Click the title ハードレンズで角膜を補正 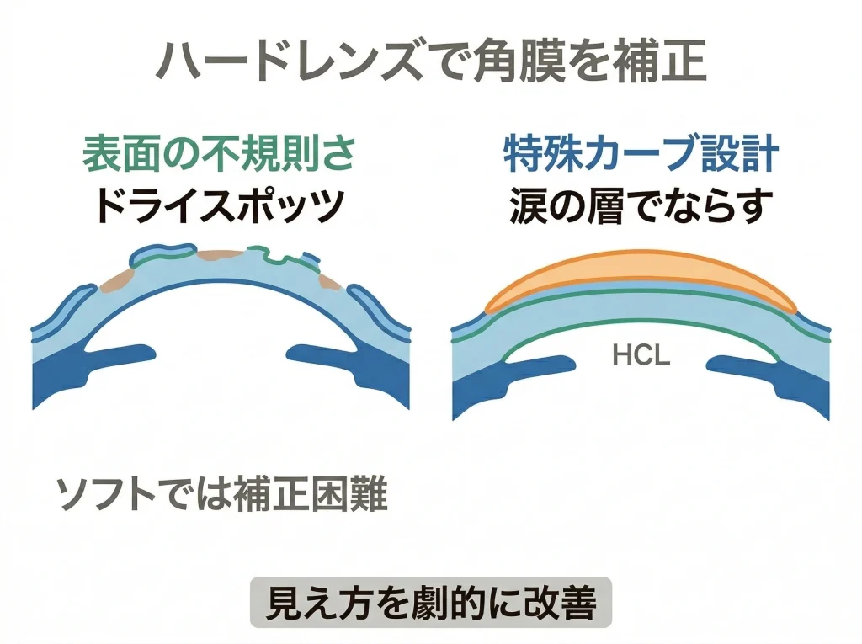pyautogui.click(x=431, y=63)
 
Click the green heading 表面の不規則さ pyautogui.click(x=218, y=157)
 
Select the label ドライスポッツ pyautogui.click(x=218, y=205)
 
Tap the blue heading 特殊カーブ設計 pyautogui.click(x=641, y=157)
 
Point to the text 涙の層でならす pyautogui.click(x=641, y=205)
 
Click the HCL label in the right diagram pyautogui.click(x=641, y=356)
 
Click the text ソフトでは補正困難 pyautogui.click(x=221, y=496)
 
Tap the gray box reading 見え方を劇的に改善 pyautogui.click(x=431, y=603)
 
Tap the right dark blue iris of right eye pyautogui.click(x=783, y=375)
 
